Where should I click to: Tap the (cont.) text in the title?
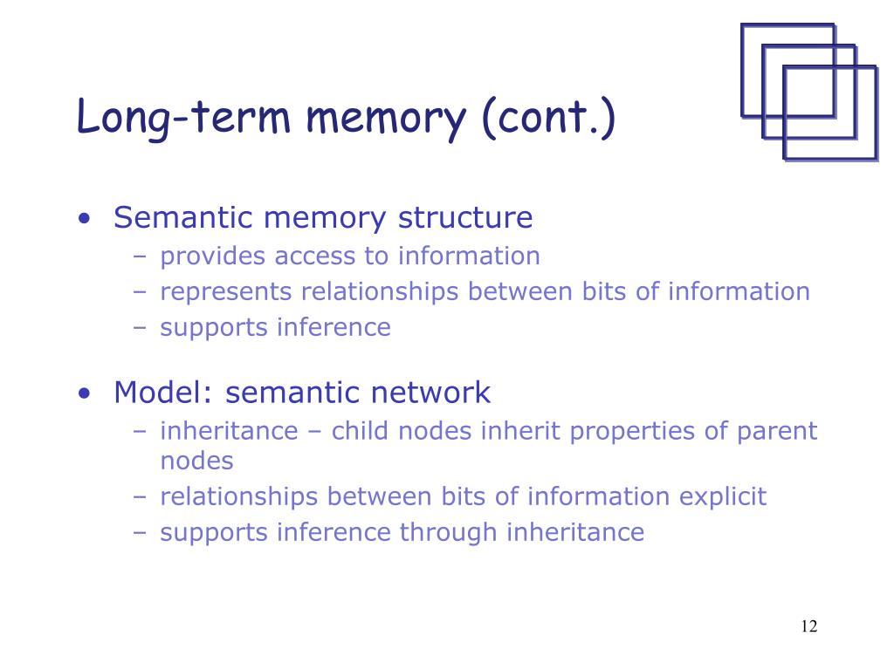tap(547, 119)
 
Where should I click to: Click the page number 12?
tap(808, 626)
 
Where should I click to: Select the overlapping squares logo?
tap(808, 92)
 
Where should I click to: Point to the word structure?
tap(464, 217)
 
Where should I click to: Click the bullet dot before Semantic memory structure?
tap(84, 218)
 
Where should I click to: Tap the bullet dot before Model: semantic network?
tap(84, 393)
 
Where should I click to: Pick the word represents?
tap(227, 291)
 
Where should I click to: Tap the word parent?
tap(776, 432)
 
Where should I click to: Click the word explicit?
tap(724, 497)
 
